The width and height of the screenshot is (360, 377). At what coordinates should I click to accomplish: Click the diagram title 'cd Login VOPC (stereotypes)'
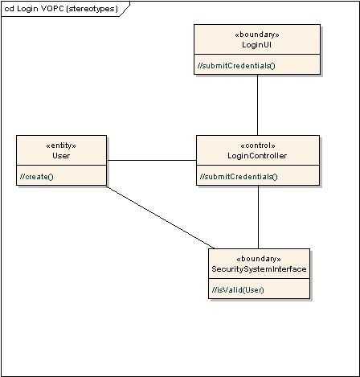[x=60, y=9]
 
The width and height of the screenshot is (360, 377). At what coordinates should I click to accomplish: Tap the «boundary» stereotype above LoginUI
[x=257, y=35]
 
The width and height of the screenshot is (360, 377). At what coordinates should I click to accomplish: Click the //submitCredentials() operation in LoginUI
[x=236, y=65]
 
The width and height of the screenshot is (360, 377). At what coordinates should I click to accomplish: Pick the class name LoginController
[x=258, y=155]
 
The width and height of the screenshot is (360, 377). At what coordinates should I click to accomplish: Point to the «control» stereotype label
[x=258, y=145]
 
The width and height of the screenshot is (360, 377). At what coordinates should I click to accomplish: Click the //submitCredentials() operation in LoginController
[x=239, y=176]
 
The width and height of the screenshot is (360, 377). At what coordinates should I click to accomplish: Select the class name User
[x=61, y=155]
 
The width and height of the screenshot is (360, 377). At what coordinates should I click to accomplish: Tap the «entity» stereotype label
[x=61, y=145]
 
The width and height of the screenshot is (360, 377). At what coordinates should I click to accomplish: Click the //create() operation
[x=36, y=176]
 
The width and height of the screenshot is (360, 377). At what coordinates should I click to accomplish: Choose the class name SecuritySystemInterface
[x=258, y=268]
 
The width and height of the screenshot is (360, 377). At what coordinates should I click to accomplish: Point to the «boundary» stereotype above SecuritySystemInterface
[x=258, y=259]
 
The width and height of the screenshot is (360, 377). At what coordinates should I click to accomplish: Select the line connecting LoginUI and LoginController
[x=257, y=104]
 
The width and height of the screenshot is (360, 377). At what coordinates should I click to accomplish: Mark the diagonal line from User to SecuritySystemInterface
[x=161, y=218]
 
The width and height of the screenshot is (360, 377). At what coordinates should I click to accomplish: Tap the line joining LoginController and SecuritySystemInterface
[x=257, y=217]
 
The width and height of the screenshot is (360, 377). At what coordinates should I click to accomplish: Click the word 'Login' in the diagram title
[x=28, y=9]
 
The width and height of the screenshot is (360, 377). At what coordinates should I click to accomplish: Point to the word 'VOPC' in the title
[x=53, y=9]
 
